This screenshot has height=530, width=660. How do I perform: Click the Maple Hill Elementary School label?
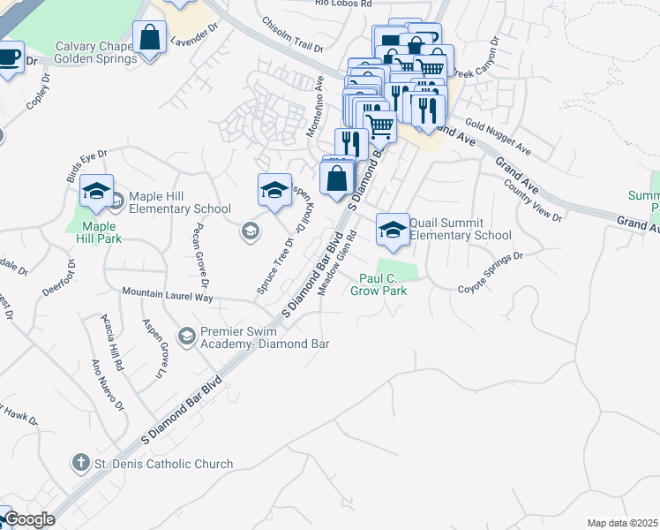(x=180, y=202)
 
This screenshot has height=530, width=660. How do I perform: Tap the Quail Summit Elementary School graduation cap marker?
(x=393, y=231)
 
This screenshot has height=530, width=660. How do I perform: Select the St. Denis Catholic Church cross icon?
(x=80, y=463)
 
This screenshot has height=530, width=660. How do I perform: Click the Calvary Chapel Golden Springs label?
(x=95, y=53)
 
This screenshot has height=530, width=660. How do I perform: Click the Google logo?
(x=29, y=520)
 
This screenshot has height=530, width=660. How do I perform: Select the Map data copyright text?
(x=622, y=523)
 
